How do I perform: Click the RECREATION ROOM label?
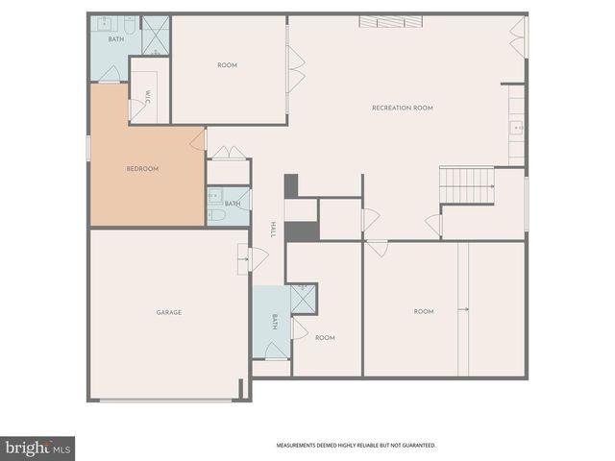tap(402, 108)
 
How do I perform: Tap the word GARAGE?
tap(169, 312)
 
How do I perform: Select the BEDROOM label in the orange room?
tap(142, 169)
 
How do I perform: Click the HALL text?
tap(273, 230)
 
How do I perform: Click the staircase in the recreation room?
tap(466, 183)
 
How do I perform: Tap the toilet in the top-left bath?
tap(130, 24)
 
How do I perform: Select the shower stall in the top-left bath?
tap(156, 35)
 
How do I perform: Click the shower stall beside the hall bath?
tap(303, 299)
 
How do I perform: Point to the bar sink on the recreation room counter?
tap(516, 126)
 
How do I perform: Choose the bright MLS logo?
tap(37, 449)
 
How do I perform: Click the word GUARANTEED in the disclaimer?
tap(417, 446)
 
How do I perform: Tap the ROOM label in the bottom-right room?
tap(424, 311)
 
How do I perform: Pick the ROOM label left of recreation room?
tap(227, 65)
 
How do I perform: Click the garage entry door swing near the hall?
tap(256, 258)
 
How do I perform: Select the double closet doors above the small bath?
tap(229, 153)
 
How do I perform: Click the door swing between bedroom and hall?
tap(199, 140)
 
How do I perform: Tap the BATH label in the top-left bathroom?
tap(115, 39)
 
